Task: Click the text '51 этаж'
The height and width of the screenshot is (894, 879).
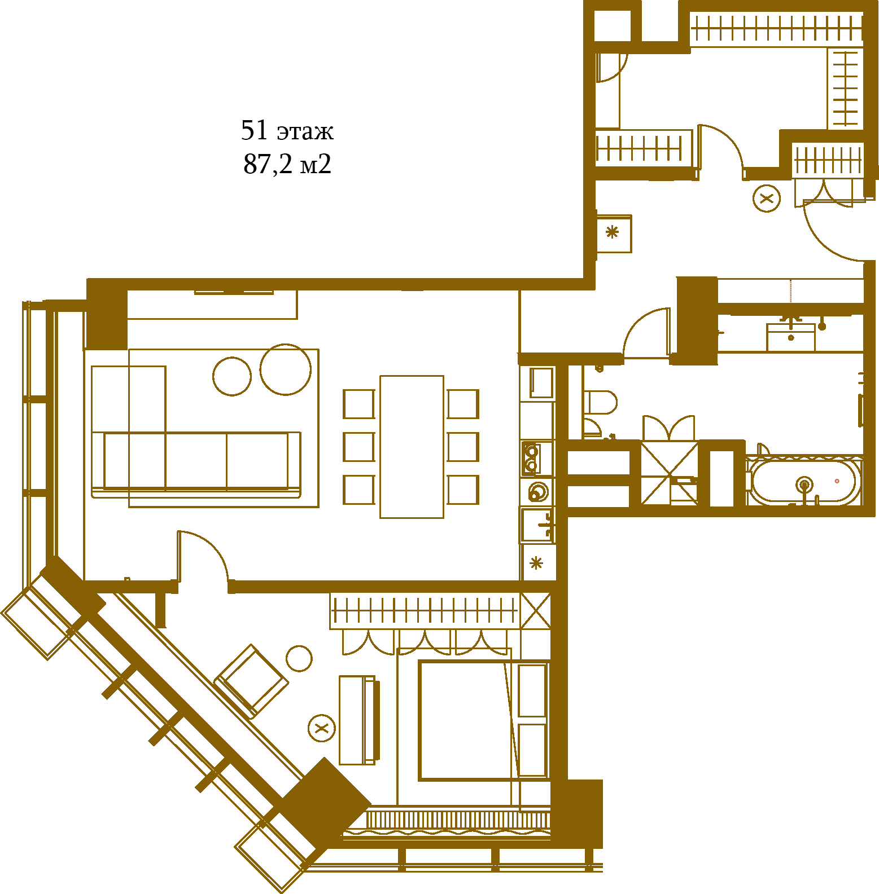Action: point(287,131)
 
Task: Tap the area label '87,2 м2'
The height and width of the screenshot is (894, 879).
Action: point(287,164)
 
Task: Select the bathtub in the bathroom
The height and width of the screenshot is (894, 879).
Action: point(804,482)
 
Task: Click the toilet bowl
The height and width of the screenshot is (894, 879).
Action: point(600,402)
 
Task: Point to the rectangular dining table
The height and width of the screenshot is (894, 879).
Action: point(412,447)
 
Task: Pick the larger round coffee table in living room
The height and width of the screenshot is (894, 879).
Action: point(285,369)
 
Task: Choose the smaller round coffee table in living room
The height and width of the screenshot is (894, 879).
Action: point(232,376)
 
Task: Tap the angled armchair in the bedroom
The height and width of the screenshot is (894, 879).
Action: point(251,681)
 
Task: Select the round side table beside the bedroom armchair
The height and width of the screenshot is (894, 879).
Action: point(299,658)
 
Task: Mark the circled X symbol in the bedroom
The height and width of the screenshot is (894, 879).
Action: point(322,728)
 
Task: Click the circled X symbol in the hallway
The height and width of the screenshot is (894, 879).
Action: point(767,199)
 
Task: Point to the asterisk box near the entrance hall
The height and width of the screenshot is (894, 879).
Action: point(614,233)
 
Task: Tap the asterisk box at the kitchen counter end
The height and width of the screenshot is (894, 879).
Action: point(538,562)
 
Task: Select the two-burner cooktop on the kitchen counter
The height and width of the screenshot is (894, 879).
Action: point(531,459)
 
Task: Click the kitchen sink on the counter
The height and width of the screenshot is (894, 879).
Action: point(537,525)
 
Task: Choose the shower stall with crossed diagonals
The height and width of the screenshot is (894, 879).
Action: point(670,473)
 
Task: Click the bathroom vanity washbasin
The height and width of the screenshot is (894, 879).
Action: point(790,337)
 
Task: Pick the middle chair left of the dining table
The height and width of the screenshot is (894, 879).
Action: point(359,447)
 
